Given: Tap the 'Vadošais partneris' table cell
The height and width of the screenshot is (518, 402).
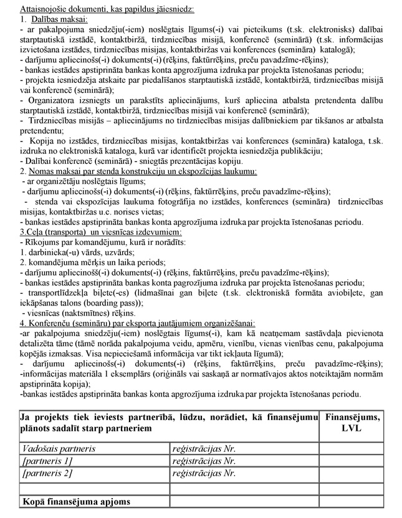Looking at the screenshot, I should click(59, 448).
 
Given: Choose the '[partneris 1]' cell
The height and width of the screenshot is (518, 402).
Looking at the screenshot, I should click(47, 461).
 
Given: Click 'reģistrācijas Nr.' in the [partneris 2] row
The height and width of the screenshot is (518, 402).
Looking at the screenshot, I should click(204, 473).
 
